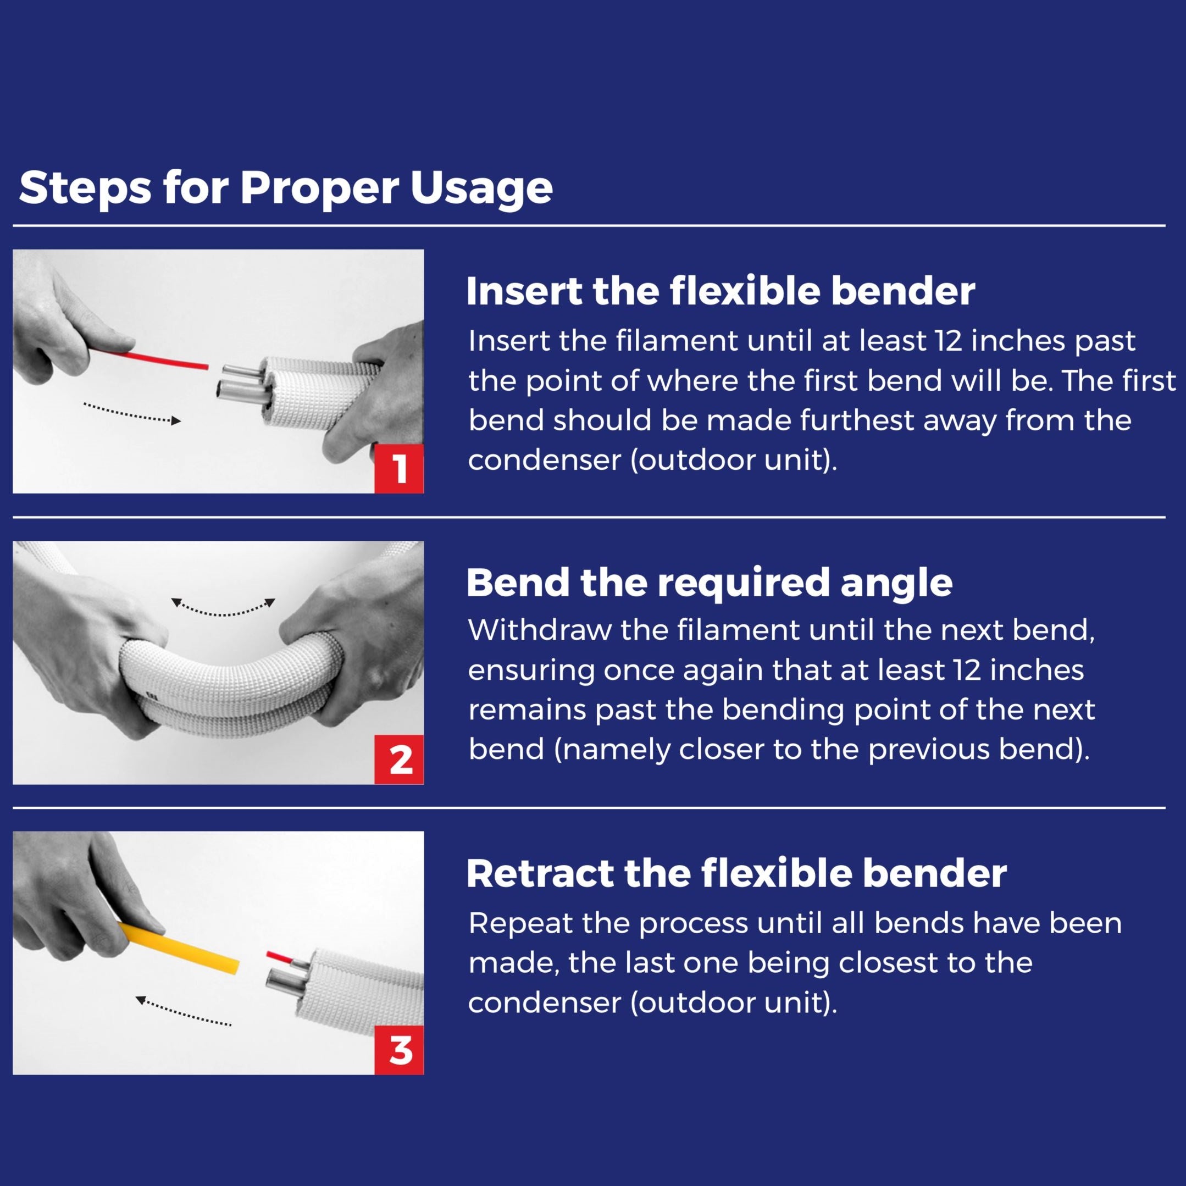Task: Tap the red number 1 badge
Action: click(x=399, y=469)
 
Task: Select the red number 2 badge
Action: click(x=399, y=760)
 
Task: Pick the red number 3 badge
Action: click(x=399, y=1050)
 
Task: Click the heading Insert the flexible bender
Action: click(x=720, y=292)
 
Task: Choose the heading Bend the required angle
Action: click(x=709, y=583)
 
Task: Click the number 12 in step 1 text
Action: click(x=950, y=341)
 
